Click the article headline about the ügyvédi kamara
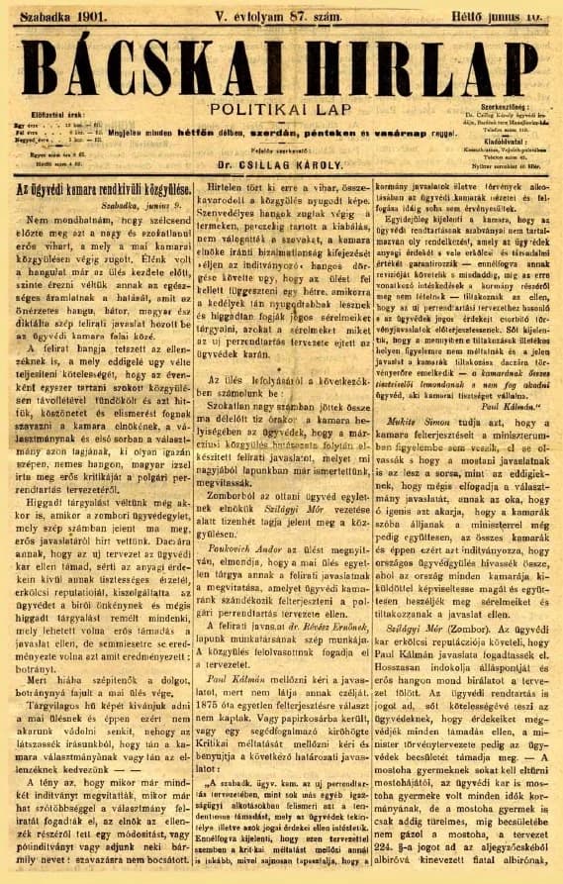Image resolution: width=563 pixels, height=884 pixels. coord(92,190)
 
